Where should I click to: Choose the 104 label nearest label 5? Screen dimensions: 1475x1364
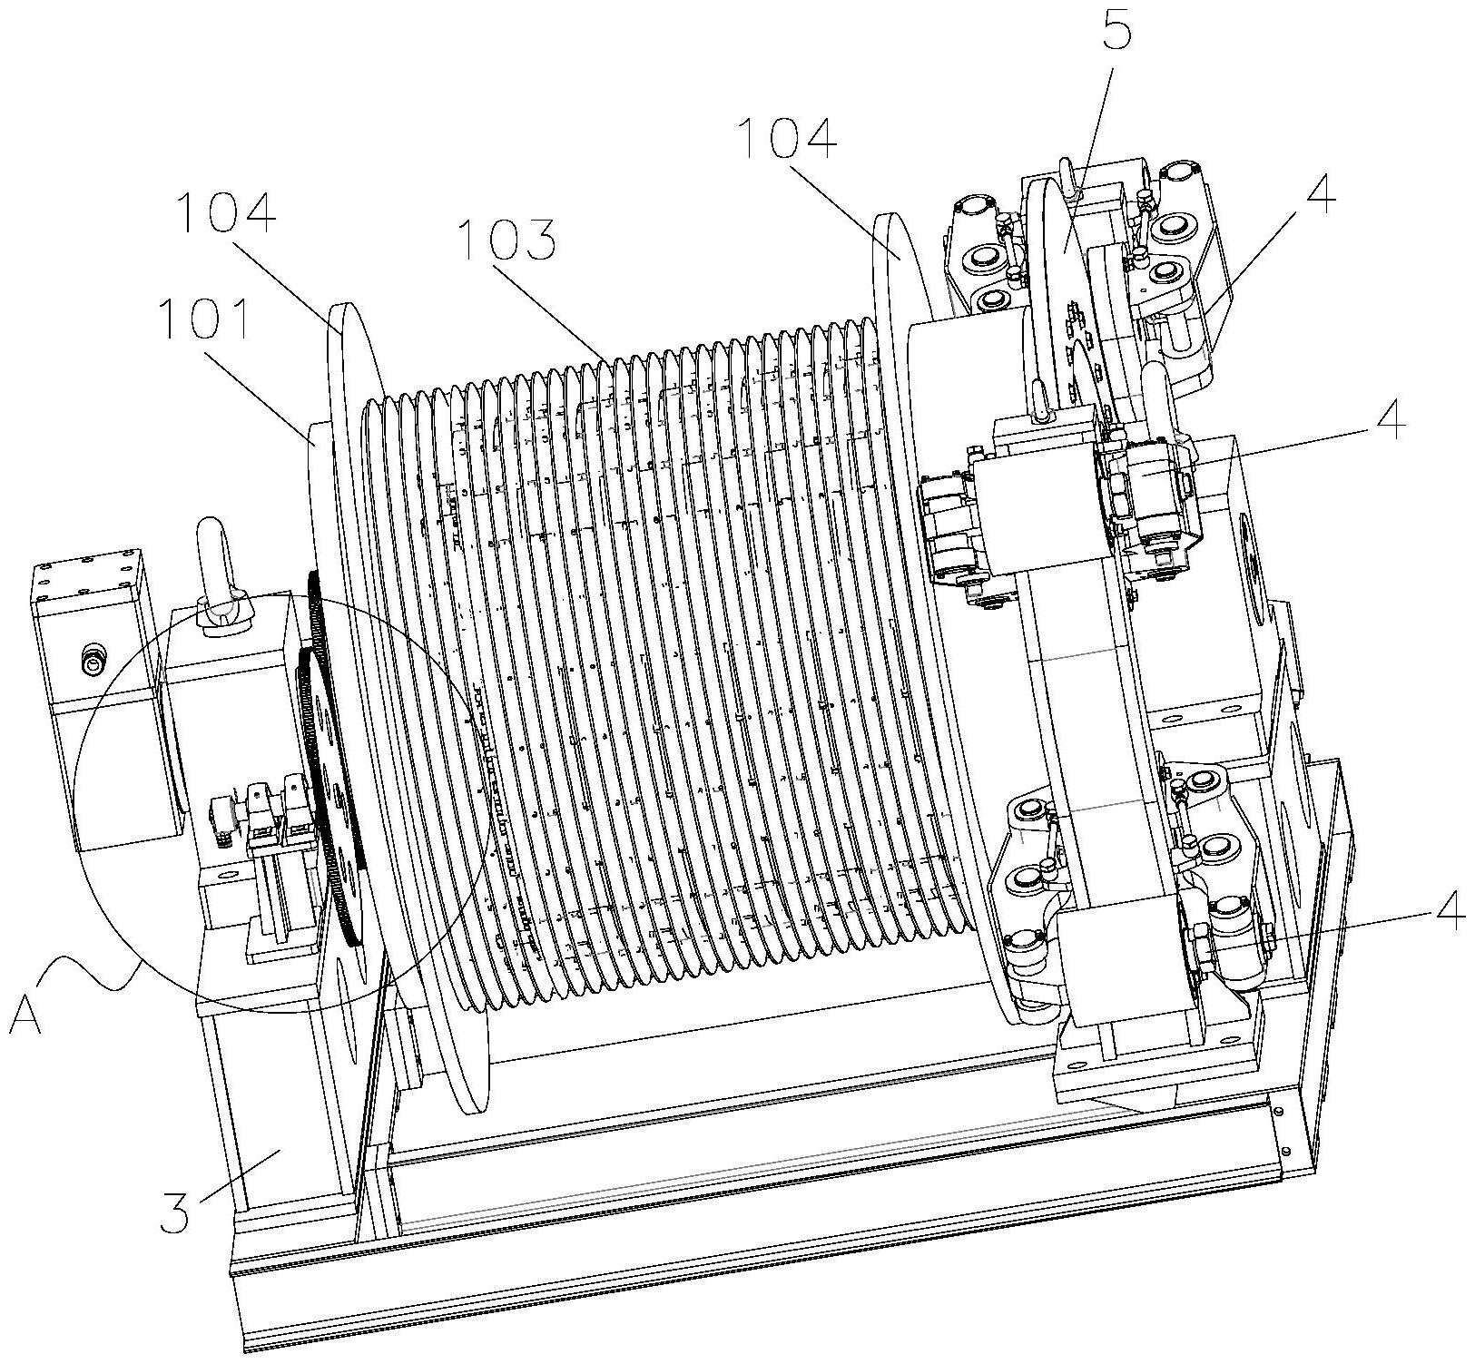point(785,138)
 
